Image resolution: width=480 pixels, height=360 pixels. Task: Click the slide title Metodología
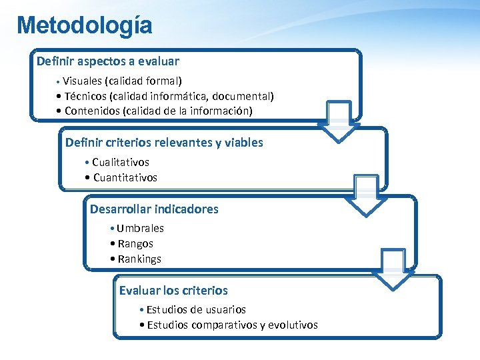click(x=85, y=25)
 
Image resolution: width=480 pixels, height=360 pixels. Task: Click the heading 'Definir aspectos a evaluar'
click(x=108, y=61)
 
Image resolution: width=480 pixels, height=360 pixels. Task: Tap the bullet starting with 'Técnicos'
click(x=169, y=96)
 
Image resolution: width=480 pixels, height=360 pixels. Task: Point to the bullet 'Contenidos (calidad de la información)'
click(x=159, y=111)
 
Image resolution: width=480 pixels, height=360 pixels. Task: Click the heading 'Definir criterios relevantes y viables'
click(x=164, y=143)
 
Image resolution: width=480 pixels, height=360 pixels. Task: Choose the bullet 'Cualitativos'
click(x=121, y=162)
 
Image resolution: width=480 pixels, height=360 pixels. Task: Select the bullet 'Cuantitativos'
click(x=125, y=177)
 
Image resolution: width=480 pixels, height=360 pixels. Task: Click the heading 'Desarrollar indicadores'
click(x=154, y=209)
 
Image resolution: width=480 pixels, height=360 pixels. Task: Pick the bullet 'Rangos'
click(x=135, y=243)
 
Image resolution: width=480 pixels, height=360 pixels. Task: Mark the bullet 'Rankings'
click(x=139, y=259)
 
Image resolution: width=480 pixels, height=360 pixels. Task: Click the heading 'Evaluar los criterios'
click(x=173, y=291)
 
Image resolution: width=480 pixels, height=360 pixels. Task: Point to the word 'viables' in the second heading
click(x=244, y=143)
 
